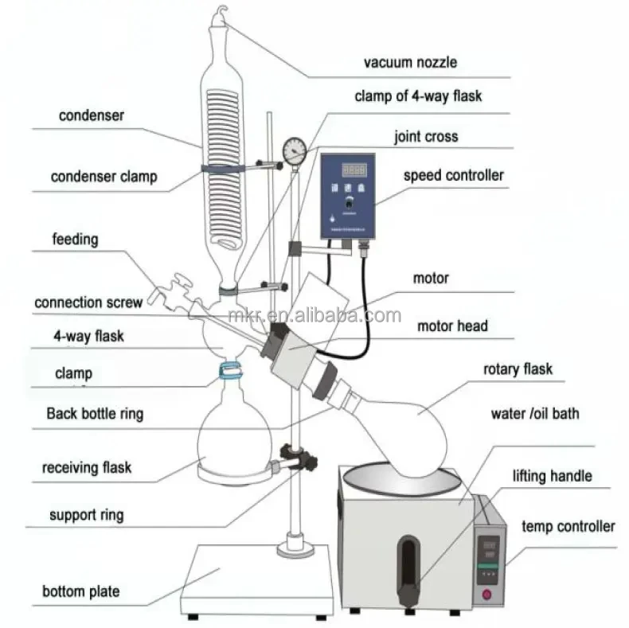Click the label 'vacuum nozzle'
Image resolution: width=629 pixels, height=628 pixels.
click(x=410, y=62)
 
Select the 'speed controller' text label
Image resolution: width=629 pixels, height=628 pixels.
click(x=453, y=174)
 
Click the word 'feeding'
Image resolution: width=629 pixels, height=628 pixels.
click(x=76, y=238)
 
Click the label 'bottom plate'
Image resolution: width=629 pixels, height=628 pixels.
click(x=81, y=591)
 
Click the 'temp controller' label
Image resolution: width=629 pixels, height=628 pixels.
click(x=568, y=526)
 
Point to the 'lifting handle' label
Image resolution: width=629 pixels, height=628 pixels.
click(x=552, y=476)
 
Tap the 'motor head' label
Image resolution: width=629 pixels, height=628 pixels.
click(x=452, y=326)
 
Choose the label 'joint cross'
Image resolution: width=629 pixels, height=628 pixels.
click(x=426, y=136)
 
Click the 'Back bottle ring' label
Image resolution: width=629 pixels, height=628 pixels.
click(x=95, y=414)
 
